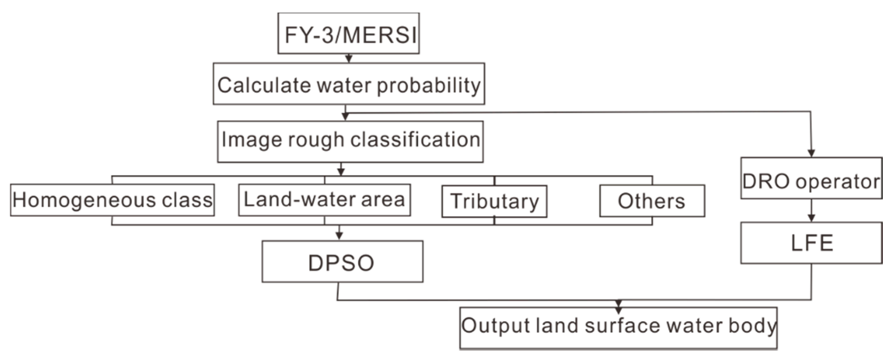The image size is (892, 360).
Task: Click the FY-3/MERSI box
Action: [348, 34]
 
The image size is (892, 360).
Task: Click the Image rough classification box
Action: [350, 141]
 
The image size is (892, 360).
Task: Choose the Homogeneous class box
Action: [112, 200]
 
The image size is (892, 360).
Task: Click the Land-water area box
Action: [324, 200]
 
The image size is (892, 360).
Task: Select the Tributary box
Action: [494, 201]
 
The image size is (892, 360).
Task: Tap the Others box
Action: [652, 201]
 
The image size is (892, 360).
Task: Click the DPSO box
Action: [342, 262]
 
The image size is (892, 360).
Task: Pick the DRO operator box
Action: [811, 178]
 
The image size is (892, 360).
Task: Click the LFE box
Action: [811, 243]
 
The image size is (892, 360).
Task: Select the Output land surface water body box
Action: [618, 327]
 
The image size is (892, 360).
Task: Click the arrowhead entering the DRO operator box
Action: [811, 153]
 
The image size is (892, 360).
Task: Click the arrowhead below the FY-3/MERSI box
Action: [349, 58]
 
